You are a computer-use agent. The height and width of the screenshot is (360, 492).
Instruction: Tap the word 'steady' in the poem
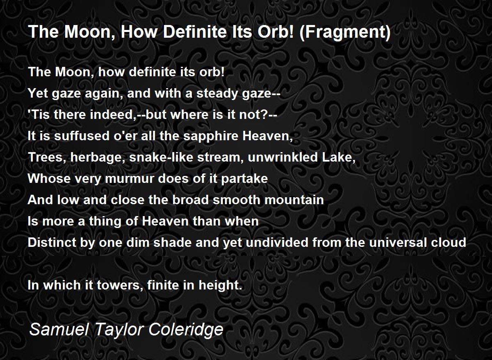click(x=217, y=93)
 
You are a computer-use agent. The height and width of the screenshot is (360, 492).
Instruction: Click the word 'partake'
click(x=244, y=179)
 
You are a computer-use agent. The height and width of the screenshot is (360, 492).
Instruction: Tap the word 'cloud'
click(x=449, y=242)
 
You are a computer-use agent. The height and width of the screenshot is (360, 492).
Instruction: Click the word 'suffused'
click(x=82, y=136)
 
